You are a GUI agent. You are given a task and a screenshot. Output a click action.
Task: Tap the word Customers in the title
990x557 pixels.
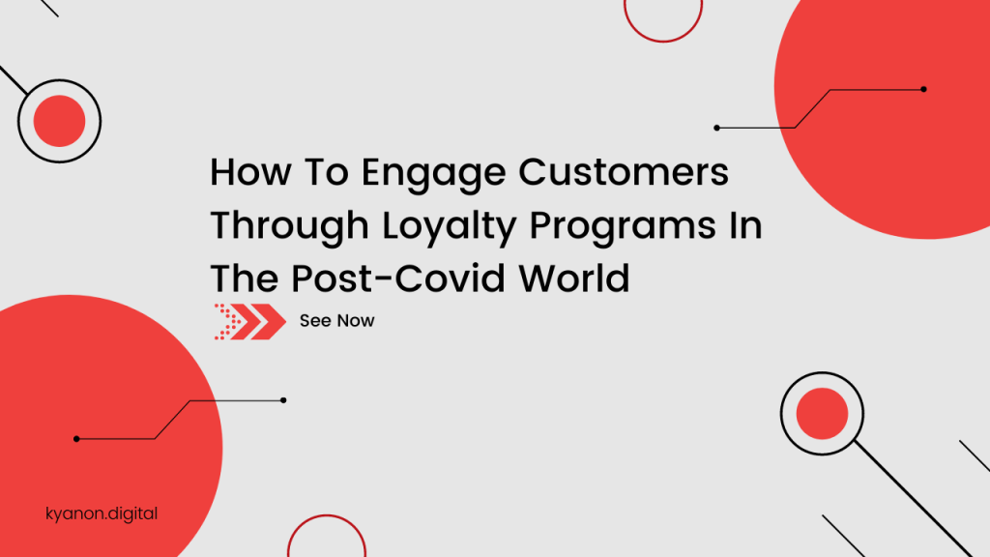click(x=624, y=173)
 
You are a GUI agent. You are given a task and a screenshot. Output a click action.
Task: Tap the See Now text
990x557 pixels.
click(x=336, y=321)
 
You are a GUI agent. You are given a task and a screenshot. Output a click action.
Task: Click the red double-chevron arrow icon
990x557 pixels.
click(x=249, y=321)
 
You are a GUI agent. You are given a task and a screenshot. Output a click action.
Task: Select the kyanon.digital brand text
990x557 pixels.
click(x=102, y=513)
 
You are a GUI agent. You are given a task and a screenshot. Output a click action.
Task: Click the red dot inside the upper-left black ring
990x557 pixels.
click(x=59, y=121)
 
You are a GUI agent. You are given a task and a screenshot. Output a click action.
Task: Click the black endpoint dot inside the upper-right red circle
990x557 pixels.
click(x=923, y=89)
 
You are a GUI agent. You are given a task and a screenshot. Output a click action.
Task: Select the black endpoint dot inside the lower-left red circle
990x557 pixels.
click(x=76, y=439)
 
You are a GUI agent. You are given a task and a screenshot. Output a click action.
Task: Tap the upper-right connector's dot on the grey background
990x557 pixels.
click(x=716, y=128)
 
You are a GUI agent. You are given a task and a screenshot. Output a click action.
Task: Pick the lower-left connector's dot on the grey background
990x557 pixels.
click(x=283, y=400)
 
